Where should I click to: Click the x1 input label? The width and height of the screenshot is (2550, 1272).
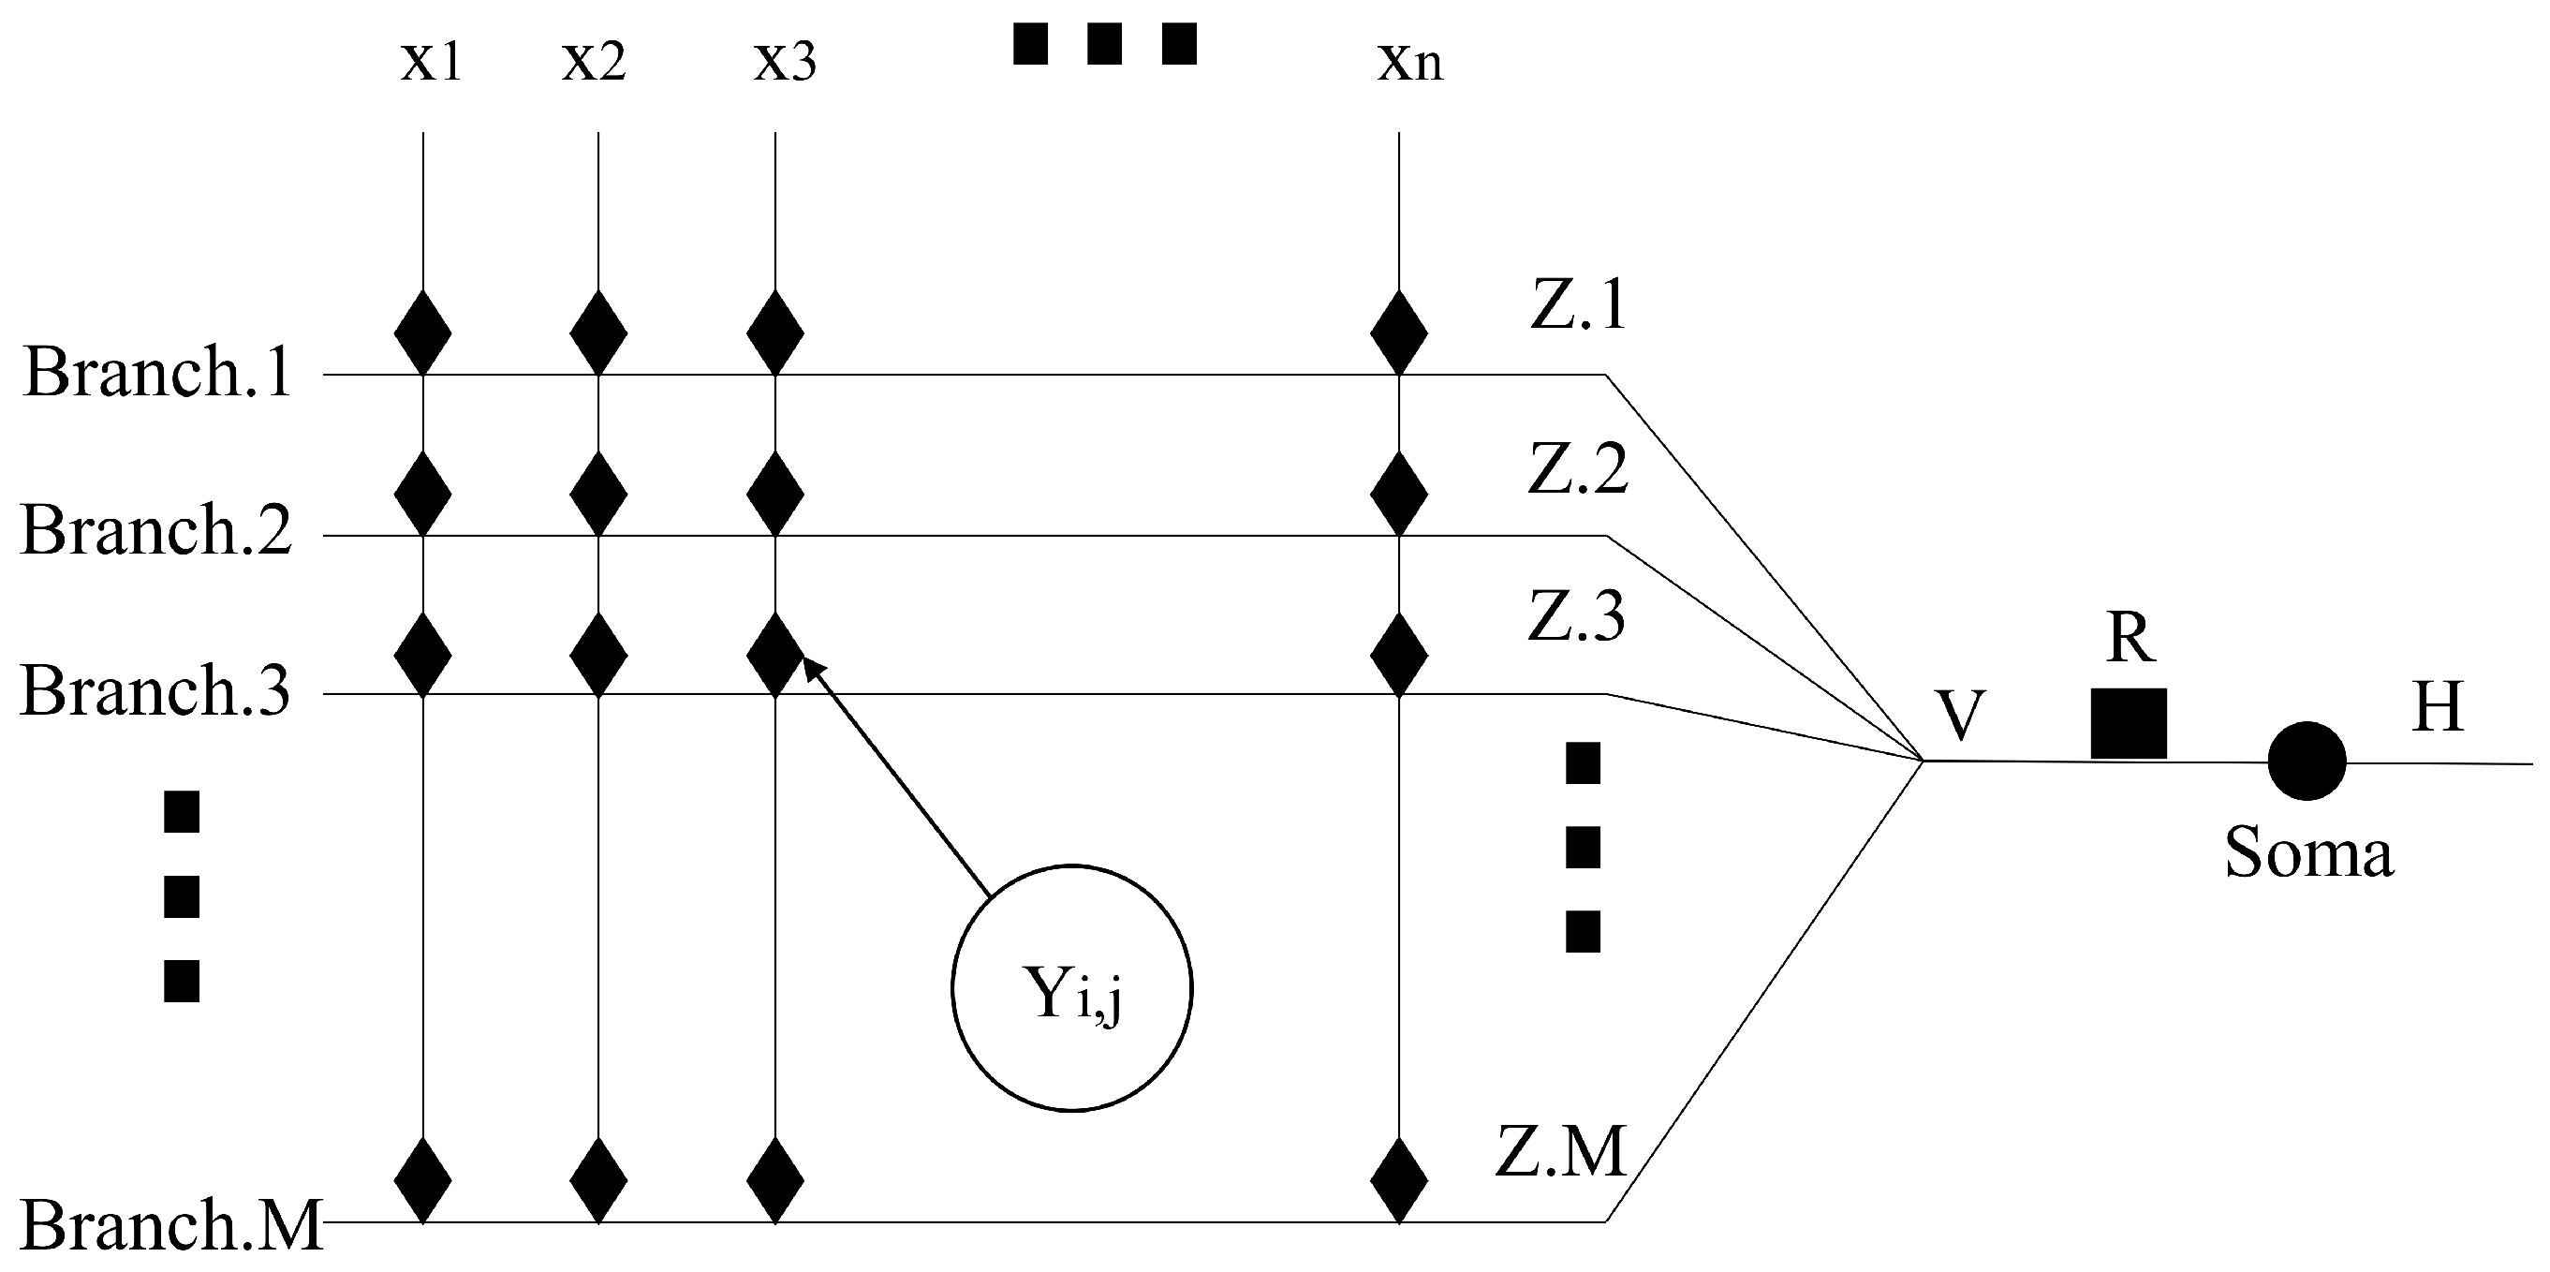[431, 62]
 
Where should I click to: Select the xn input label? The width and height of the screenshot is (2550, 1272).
[1409, 62]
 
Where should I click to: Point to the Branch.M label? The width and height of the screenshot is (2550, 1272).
[171, 1225]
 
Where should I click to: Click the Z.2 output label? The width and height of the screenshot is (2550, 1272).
[1577, 469]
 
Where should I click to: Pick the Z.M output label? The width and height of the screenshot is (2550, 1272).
[1561, 1151]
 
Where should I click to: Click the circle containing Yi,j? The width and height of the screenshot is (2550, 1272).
[1072, 988]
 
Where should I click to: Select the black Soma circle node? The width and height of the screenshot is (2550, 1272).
[2307, 762]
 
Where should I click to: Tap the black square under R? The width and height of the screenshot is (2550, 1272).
[2129, 724]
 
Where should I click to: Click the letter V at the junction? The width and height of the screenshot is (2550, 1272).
[1960, 716]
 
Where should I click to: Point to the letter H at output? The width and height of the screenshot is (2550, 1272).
[2437, 708]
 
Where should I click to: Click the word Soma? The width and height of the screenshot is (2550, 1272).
[2309, 853]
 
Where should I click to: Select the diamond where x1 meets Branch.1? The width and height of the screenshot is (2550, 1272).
[422, 333]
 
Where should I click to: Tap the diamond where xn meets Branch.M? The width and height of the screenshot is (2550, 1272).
[1399, 1180]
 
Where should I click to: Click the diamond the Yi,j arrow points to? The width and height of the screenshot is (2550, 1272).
[774, 655]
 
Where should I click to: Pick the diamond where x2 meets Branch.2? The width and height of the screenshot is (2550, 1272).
[597, 493]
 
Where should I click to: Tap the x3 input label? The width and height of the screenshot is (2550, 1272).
[785, 62]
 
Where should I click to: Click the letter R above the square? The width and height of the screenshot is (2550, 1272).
[2130, 639]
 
